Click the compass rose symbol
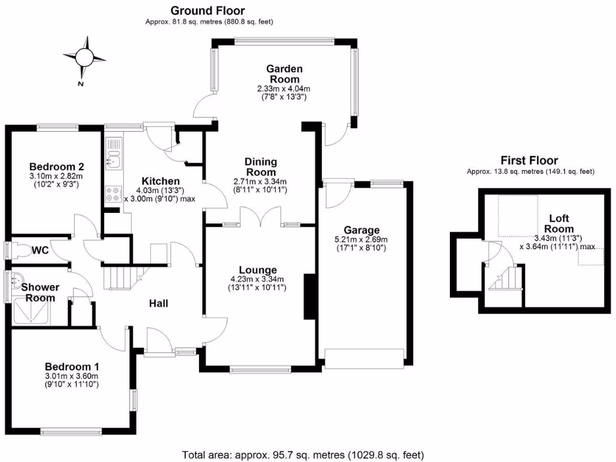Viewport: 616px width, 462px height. (x=84, y=58)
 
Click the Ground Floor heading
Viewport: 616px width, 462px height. (x=208, y=10)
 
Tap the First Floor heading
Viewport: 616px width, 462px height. (x=529, y=160)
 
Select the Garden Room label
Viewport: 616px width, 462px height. (x=285, y=74)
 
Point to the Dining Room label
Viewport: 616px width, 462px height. (x=260, y=167)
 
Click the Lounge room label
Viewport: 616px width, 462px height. (x=257, y=270)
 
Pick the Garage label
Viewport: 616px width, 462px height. (x=362, y=230)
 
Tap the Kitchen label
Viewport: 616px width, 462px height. (x=160, y=181)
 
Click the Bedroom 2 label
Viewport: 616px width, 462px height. (x=56, y=167)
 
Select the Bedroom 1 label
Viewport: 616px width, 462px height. (x=72, y=366)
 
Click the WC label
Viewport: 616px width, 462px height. (x=40, y=249)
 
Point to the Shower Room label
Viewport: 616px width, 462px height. (x=40, y=292)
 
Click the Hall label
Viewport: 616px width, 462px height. (x=158, y=303)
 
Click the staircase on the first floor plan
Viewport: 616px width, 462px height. (x=506, y=279)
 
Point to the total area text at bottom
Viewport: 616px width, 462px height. (x=304, y=454)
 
